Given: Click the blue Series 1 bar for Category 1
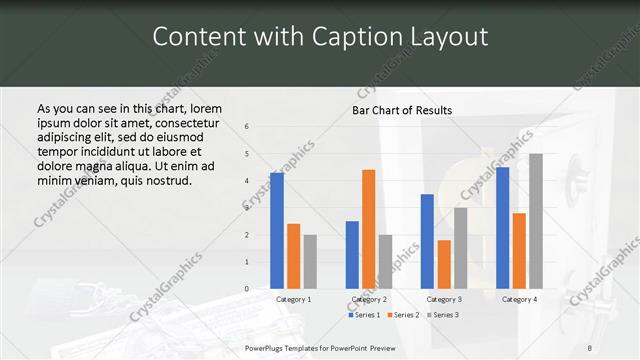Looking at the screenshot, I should (x=276, y=230).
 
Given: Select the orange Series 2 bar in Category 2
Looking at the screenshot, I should (x=368, y=229).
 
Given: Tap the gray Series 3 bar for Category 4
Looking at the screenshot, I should (x=536, y=221).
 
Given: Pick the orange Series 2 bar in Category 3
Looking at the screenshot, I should (x=444, y=264).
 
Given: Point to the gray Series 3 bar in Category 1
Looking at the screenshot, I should (x=310, y=261).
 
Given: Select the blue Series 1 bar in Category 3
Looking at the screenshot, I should (x=427, y=241).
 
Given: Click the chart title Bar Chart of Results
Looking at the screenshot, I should (x=402, y=110).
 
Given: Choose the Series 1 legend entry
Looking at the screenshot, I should (x=364, y=315).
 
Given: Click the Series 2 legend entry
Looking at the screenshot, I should (x=403, y=315).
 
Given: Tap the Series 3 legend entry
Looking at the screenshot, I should (x=442, y=315).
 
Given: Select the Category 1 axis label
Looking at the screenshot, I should (x=293, y=299).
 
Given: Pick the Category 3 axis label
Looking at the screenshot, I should (x=444, y=299).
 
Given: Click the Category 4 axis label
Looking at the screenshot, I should (x=519, y=299).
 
